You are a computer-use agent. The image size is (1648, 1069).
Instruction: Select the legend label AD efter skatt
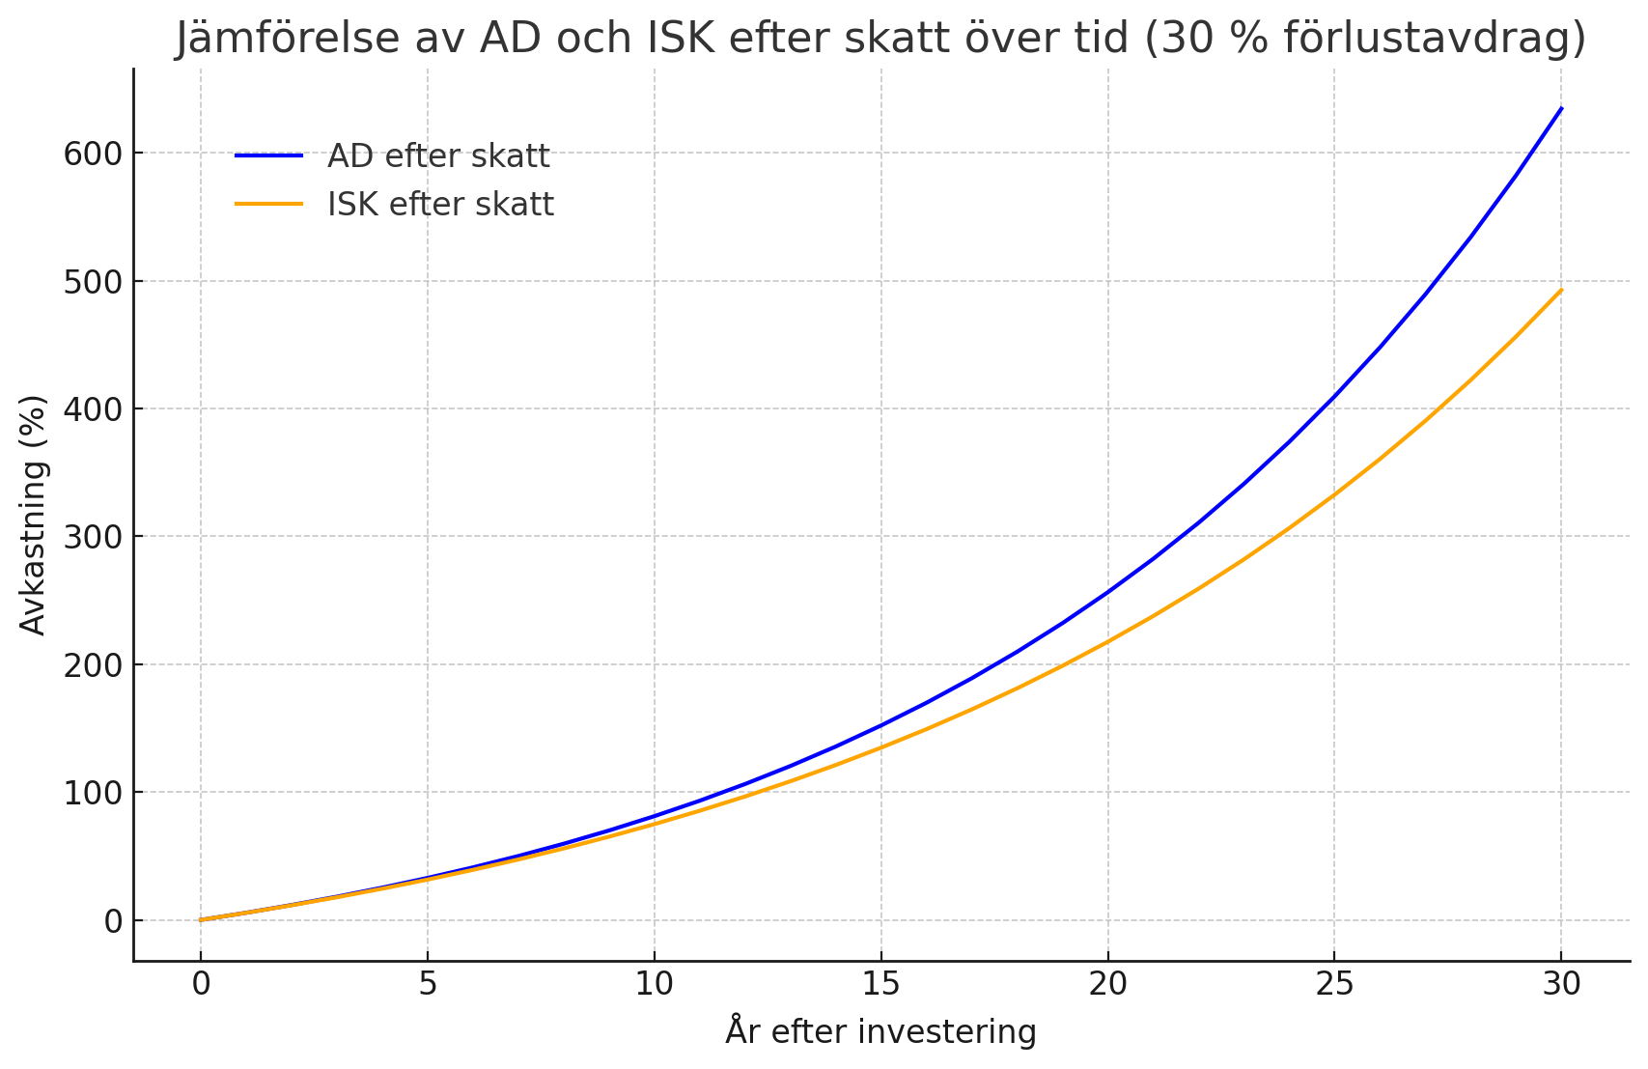tap(438, 155)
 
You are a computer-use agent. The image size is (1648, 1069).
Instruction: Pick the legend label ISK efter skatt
tap(440, 205)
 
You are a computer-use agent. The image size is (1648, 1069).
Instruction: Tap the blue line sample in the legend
tap(269, 155)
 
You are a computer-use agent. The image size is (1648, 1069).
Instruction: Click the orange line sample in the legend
tap(269, 205)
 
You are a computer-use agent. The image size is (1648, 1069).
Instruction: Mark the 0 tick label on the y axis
tap(113, 921)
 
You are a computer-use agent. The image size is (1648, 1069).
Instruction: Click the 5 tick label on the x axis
tap(428, 985)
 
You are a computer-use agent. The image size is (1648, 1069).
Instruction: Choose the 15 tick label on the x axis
tap(880, 985)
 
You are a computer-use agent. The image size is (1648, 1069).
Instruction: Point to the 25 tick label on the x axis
tap(1334, 985)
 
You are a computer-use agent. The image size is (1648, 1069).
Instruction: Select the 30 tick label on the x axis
tap(1561, 985)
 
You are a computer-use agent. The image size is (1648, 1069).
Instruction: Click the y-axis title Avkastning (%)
tap(34, 515)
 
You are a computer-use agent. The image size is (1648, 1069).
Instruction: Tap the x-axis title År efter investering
tap(880, 1032)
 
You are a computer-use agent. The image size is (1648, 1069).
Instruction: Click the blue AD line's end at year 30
tap(1561, 108)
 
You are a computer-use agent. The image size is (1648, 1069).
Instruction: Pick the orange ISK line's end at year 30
tap(1561, 290)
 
